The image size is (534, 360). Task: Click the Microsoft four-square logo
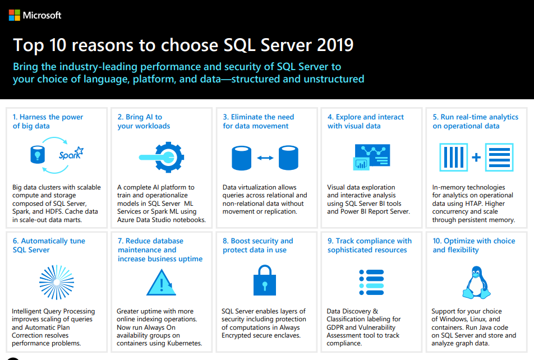[x=15, y=15]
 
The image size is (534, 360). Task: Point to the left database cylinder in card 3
[x=241, y=158]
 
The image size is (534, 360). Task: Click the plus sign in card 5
[x=476, y=158]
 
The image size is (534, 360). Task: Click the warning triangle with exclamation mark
[x=161, y=281]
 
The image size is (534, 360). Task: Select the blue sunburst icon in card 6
[x=56, y=281]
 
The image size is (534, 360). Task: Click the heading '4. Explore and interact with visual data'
[x=366, y=121]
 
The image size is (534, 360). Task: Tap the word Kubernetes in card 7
[x=183, y=343]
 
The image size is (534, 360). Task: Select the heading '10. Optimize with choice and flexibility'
[x=473, y=245]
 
